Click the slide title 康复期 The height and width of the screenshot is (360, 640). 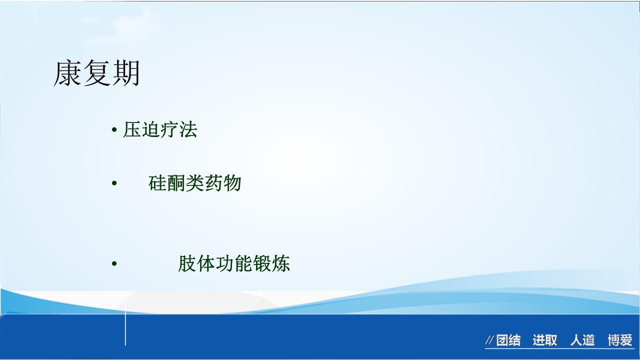coord(96,74)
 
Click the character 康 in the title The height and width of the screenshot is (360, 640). coord(67,74)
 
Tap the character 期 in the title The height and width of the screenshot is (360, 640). coord(125,74)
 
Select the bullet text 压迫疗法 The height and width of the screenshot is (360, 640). coord(160,130)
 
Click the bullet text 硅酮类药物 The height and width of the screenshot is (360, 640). coord(195,183)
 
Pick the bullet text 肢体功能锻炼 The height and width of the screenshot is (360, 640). coord(234,263)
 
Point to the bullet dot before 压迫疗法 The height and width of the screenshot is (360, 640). coord(114,131)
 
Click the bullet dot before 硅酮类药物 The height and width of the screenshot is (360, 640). coord(114,184)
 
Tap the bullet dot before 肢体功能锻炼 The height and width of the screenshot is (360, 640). coord(114,264)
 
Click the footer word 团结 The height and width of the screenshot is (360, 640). coord(508,340)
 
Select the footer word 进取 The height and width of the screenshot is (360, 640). coord(544,340)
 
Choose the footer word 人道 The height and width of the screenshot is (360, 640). coord(582,340)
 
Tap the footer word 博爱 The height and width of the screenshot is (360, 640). coord(620,340)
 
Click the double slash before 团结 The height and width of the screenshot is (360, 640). coord(489,341)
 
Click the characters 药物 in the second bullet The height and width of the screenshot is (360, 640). coord(223,183)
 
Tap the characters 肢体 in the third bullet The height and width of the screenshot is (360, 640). coord(196,263)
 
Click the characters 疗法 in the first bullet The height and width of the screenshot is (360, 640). coord(179,130)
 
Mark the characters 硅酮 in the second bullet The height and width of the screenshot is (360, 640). coord(166,183)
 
